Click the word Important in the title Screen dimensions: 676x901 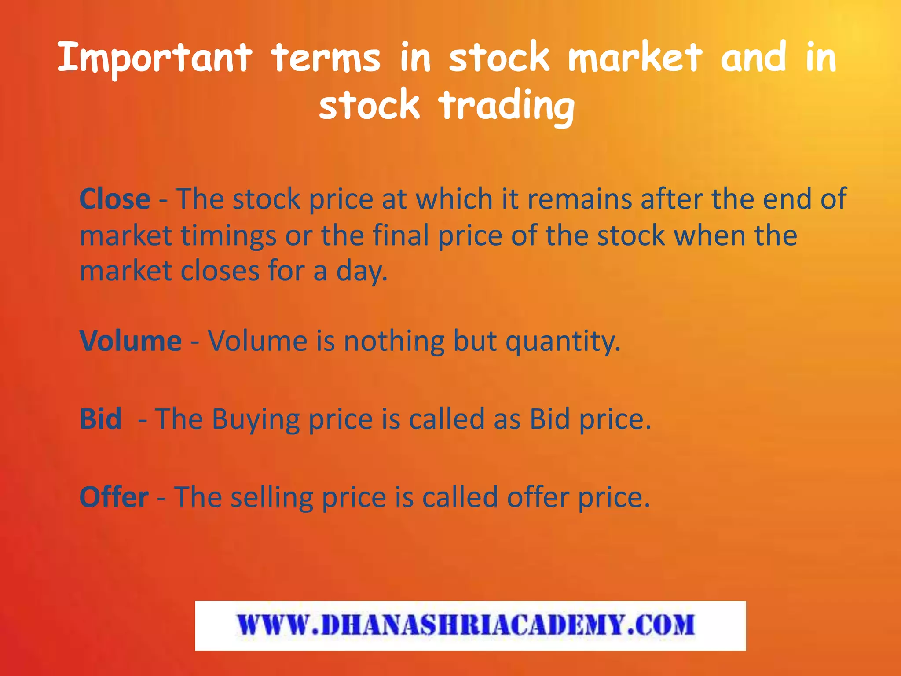pyautogui.click(x=154, y=58)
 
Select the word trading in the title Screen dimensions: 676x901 pyautogui.click(x=506, y=106)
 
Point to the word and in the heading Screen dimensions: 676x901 pyautogui.click(x=753, y=58)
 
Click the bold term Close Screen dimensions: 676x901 pyautogui.click(x=115, y=199)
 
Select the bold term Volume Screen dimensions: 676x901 pyautogui.click(x=131, y=341)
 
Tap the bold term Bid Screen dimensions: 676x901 pyautogui.click(x=101, y=419)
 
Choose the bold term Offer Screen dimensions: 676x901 pyautogui.click(x=114, y=497)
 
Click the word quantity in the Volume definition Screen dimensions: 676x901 pyautogui.click(x=563, y=342)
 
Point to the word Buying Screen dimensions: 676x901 pyautogui.click(x=256, y=419)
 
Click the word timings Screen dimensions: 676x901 pyautogui.click(x=228, y=236)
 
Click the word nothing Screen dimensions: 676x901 pyautogui.click(x=394, y=342)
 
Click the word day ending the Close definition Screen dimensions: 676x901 pyautogui.click(x=362, y=272)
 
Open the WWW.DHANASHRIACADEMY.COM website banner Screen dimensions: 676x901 pyautogui.click(x=470, y=625)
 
